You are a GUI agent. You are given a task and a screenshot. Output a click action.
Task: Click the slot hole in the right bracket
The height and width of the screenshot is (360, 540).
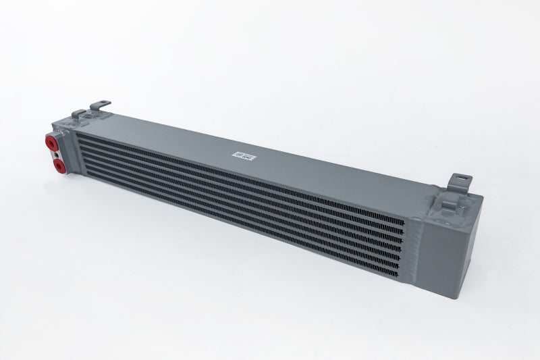coord(464,180)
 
